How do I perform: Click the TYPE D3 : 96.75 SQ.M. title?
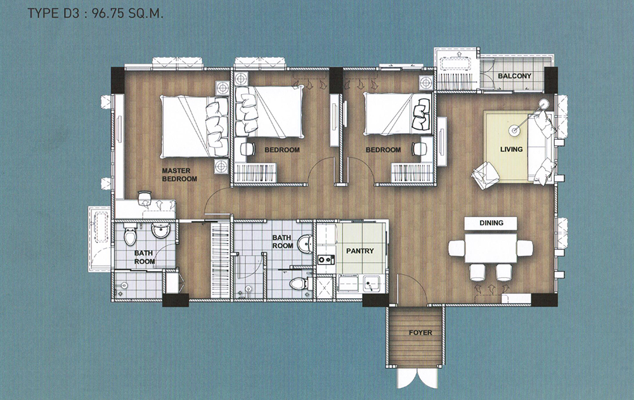(x=96, y=14)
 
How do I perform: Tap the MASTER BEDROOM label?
(x=179, y=175)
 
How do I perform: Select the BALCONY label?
(x=514, y=76)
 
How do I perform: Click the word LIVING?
(x=512, y=149)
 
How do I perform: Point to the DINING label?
(x=491, y=223)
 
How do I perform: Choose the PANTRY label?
(x=360, y=251)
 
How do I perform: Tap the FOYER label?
(x=420, y=333)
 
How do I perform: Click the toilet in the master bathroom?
(x=131, y=235)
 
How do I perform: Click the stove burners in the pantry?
(x=325, y=259)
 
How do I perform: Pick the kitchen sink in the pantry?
(x=371, y=283)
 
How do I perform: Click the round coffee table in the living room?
(x=514, y=130)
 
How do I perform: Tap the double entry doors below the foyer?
(x=417, y=378)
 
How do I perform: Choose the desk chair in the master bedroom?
(x=145, y=197)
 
